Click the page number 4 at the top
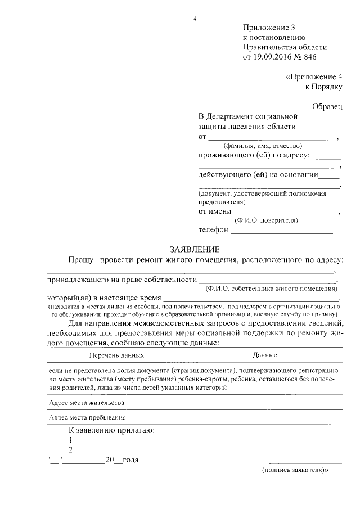(195, 18)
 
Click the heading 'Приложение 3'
(268, 28)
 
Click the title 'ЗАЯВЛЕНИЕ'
(195, 249)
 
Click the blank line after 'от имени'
(287, 213)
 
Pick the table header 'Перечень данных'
(116, 355)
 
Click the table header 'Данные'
(265, 355)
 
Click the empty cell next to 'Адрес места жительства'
(265, 403)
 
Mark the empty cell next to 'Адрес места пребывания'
(265, 418)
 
